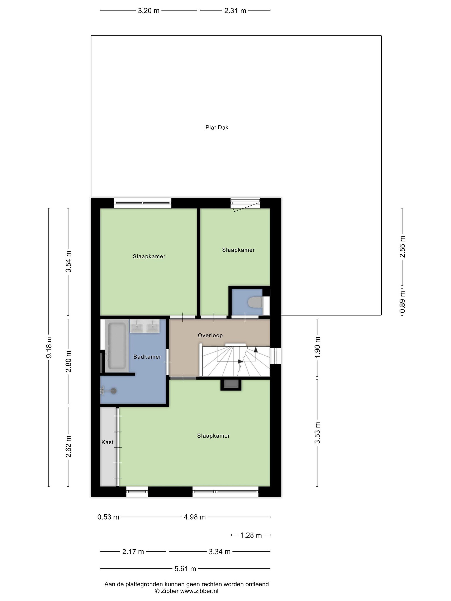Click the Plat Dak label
[x=217, y=128]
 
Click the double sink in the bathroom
[x=145, y=326]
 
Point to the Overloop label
[x=210, y=335]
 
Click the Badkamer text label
[x=147, y=357]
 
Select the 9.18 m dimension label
[x=49, y=347]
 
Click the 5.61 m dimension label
[x=185, y=568]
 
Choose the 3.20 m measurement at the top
[x=148, y=11]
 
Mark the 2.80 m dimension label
[x=68, y=361]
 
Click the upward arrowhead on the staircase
[x=256, y=350]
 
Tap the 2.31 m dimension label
[x=235, y=11]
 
